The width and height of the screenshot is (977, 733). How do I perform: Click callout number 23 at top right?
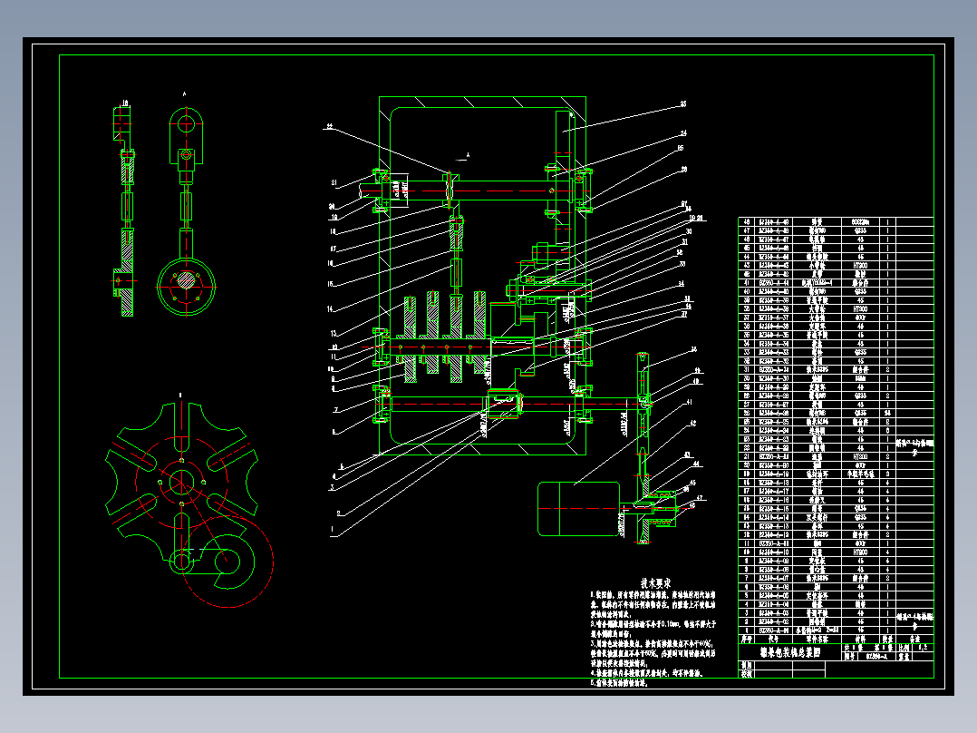coord(683,104)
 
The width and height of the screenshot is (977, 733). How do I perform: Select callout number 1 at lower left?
coord(332,529)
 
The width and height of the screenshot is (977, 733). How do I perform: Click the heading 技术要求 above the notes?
coord(655,582)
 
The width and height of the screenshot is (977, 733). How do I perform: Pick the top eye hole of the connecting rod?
coord(186,121)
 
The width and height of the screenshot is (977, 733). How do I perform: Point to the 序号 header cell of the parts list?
coord(748,638)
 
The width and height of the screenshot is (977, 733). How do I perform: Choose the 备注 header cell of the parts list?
coord(914,638)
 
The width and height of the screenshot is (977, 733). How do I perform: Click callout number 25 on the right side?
coord(681,147)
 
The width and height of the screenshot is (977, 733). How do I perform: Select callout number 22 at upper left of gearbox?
coord(330,127)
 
